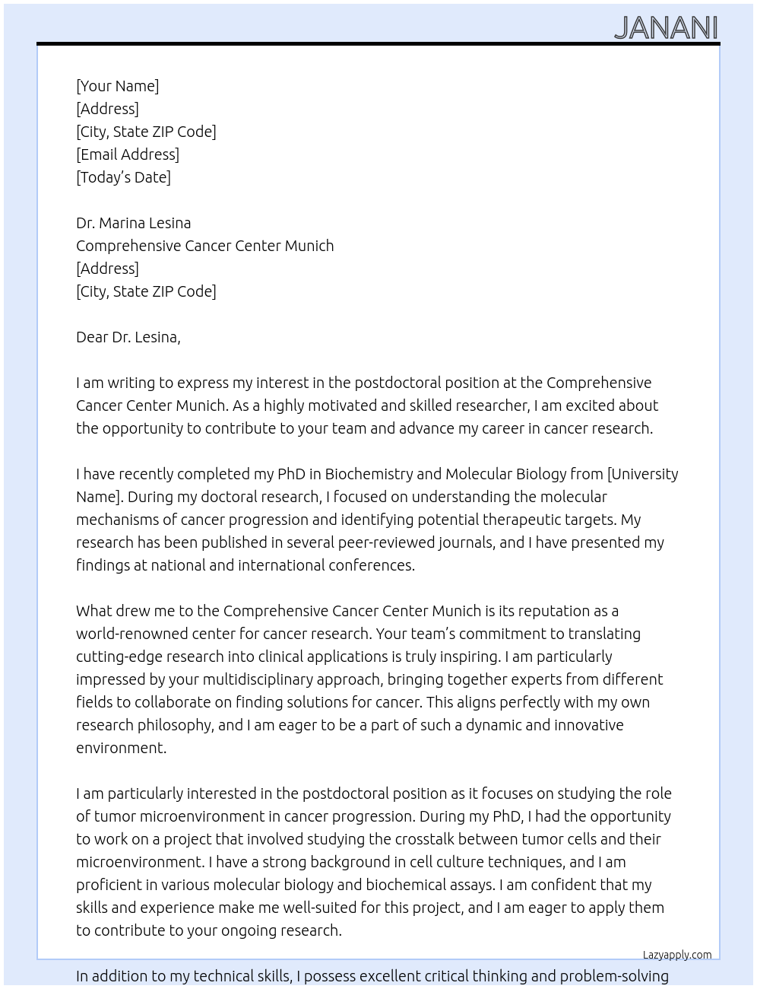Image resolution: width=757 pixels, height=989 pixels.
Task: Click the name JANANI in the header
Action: (x=665, y=28)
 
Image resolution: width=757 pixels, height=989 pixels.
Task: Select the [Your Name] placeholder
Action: (x=117, y=86)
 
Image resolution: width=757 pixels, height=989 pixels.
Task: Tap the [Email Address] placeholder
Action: (x=128, y=154)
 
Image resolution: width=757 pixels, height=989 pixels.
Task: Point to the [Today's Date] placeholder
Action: (x=123, y=177)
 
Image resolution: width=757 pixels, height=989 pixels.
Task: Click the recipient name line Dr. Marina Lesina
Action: (x=133, y=223)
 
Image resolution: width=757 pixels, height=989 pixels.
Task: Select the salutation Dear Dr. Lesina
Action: (x=128, y=337)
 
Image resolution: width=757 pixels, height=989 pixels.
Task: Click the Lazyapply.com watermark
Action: (x=676, y=955)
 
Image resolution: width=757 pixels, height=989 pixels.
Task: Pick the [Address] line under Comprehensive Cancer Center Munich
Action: (x=107, y=269)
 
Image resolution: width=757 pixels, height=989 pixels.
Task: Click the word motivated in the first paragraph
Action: (x=341, y=405)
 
